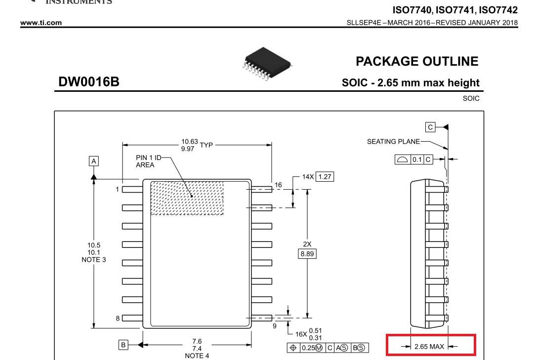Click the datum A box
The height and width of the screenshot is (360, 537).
point(94,160)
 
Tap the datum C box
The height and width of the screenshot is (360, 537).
point(430,127)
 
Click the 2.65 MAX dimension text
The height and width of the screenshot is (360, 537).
point(430,346)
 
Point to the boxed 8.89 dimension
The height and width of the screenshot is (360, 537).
point(307,254)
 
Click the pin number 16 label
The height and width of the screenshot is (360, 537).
point(278,185)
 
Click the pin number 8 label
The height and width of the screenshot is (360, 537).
point(118,318)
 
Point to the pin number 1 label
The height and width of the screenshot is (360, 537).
point(118,189)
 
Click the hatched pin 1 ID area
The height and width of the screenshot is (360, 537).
point(187,198)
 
